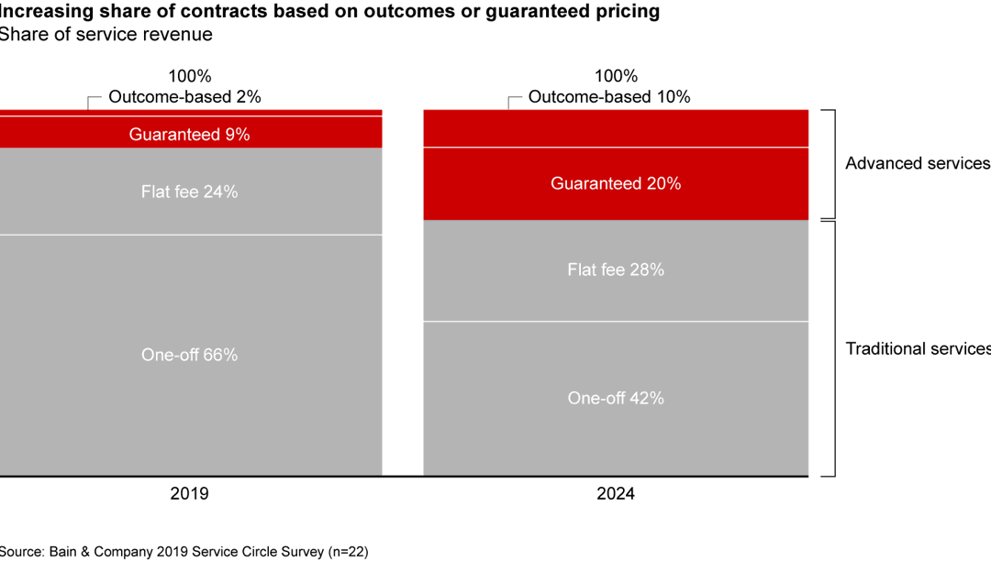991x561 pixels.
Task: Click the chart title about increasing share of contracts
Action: point(329,12)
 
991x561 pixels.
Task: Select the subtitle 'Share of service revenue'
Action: point(106,35)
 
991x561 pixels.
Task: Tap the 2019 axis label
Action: point(189,493)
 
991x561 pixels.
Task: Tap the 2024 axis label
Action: point(615,493)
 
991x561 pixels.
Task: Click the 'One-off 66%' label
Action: point(189,355)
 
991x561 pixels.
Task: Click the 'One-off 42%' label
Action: point(615,398)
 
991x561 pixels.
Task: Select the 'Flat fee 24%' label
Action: point(189,192)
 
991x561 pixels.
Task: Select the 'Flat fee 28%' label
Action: point(615,269)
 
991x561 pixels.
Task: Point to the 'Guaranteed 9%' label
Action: point(189,134)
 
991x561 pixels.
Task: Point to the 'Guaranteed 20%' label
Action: point(615,183)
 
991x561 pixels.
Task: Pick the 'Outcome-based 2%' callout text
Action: point(184,96)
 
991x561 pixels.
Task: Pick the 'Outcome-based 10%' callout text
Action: point(609,96)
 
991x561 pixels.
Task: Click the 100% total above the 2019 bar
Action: point(189,76)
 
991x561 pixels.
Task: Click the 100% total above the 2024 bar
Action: point(615,76)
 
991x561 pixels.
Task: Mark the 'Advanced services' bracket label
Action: point(917,163)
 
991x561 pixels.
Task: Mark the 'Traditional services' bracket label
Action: point(917,348)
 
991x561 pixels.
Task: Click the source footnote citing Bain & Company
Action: point(184,551)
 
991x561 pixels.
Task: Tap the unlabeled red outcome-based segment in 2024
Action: point(615,128)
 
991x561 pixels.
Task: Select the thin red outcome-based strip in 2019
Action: point(189,113)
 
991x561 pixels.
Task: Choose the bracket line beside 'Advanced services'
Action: point(833,163)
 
